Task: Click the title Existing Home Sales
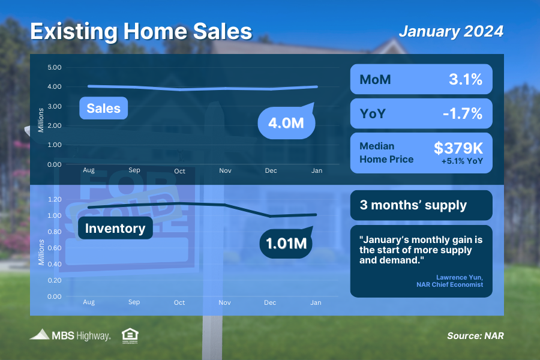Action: pos(141,31)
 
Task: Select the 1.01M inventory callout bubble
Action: pos(286,244)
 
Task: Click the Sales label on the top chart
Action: pos(103,109)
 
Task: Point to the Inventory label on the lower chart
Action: pos(115,229)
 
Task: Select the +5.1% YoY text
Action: pos(462,161)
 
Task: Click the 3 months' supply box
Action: pos(421,205)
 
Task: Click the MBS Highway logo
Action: pos(70,335)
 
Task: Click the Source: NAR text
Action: pos(475,336)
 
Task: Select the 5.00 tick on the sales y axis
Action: pos(55,67)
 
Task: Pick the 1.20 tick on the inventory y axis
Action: pos(55,199)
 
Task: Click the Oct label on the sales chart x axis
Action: pos(179,171)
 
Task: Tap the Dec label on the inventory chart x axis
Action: pos(271,302)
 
